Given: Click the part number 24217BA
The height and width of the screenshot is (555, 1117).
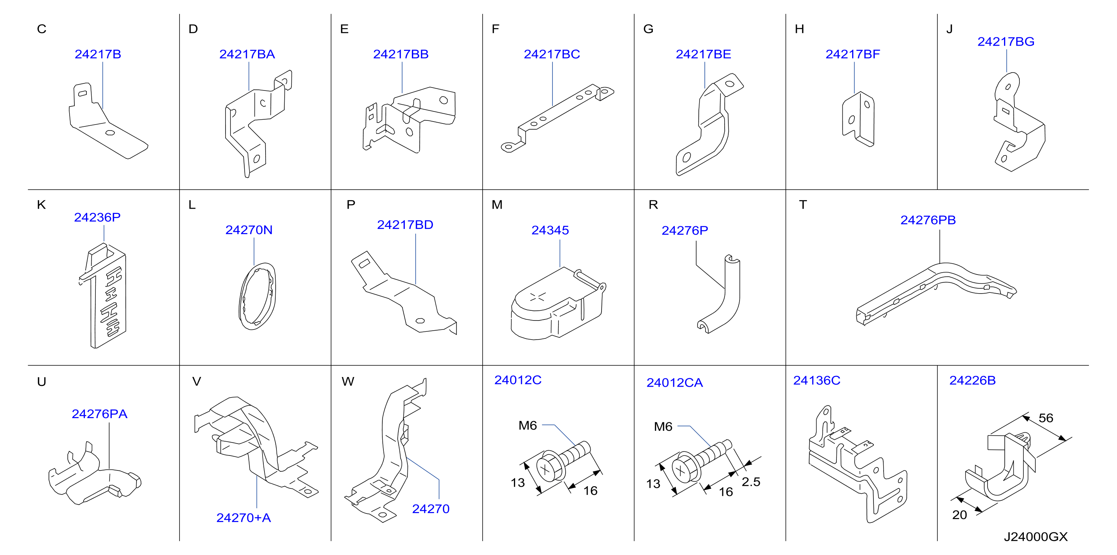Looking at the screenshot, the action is (247, 54).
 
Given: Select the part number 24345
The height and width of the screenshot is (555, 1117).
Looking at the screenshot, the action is (550, 230).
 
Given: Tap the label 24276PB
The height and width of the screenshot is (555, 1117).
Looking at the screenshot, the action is (928, 220).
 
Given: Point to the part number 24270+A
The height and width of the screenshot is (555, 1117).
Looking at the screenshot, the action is (243, 518).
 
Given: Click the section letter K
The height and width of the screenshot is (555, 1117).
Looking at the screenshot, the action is (41, 205).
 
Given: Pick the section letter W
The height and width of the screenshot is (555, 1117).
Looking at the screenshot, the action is (348, 381).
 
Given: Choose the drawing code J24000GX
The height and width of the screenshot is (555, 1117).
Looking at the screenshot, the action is (1035, 537).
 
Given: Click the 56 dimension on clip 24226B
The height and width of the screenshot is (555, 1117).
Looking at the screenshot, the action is (1046, 418).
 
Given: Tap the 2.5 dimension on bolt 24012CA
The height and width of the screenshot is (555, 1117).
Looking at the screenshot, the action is (751, 482).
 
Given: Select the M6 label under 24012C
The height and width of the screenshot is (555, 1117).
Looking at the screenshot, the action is (527, 425).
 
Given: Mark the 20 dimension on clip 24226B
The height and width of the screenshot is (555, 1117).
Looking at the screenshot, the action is (959, 515).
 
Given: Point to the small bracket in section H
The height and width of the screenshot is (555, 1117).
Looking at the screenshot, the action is (858, 119).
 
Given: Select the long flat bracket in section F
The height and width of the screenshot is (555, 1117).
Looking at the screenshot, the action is (557, 118).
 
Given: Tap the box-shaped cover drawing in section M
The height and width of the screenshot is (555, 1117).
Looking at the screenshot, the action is (558, 304).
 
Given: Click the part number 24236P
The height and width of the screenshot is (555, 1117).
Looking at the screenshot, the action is (97, 217).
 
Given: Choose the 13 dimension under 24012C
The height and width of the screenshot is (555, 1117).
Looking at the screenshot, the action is (517, 482).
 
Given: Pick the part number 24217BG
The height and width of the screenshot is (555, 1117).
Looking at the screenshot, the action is (1006, 42).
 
